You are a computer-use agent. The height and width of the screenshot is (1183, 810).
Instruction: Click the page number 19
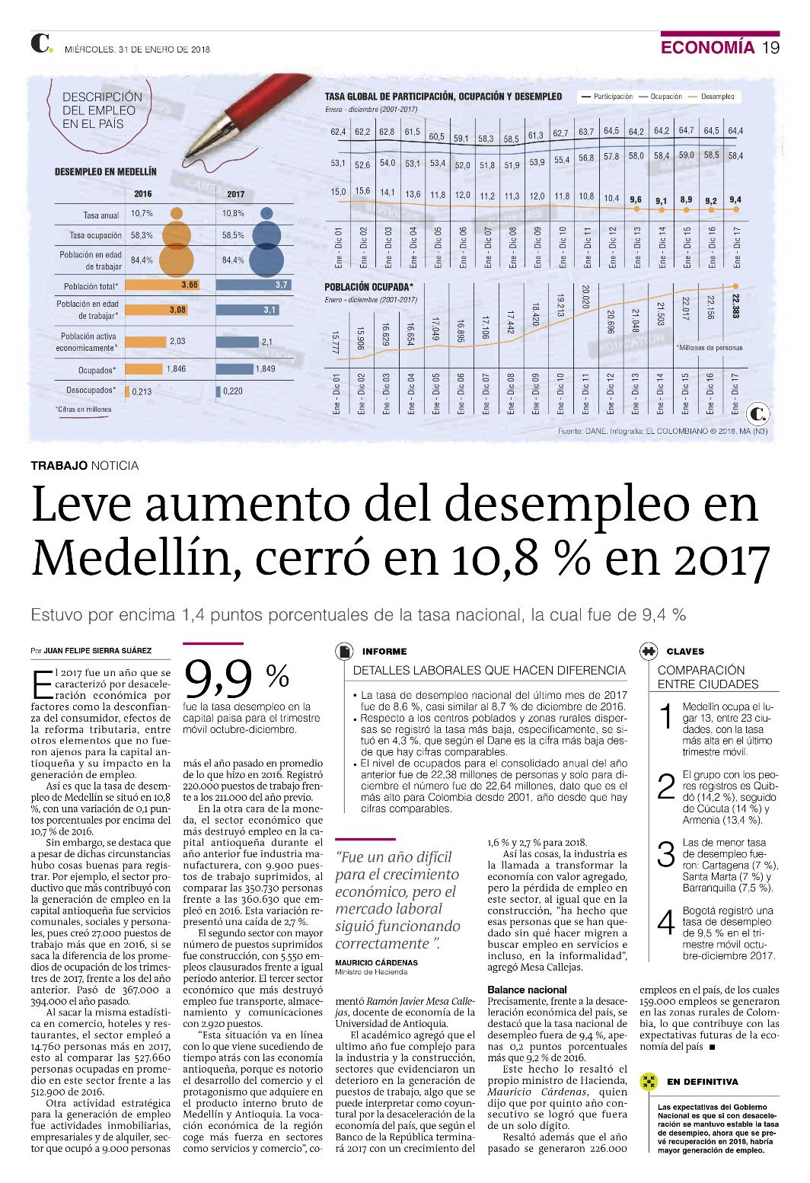(x=771, y=47)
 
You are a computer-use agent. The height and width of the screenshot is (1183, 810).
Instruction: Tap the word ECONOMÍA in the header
(x=707, y=47)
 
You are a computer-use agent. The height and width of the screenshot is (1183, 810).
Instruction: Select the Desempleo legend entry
(x=711, y=97)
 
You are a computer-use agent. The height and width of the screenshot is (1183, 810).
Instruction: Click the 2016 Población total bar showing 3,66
(x=162, y=285)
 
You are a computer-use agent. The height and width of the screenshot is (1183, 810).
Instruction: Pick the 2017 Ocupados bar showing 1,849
(x=234, y=368)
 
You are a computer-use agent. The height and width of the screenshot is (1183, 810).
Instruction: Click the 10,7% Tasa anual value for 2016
(x=142, y=213)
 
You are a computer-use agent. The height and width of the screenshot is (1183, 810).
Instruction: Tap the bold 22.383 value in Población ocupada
(x=735, y=305)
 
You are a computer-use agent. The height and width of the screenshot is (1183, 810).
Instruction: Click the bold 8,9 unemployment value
(x=686, y=199)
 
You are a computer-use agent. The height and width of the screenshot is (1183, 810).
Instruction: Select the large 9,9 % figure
(x=237, y=680)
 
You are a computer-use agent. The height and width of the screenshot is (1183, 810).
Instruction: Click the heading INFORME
(x=384, y=651)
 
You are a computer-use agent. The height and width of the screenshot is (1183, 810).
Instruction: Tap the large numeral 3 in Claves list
(x=666, y=854)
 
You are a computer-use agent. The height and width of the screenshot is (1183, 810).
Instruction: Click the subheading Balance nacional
(x=527, y=990)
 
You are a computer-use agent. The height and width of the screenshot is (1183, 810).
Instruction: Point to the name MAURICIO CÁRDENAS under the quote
(x=377, y=962)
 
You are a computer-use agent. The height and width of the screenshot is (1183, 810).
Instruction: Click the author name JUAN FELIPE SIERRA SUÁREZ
(x=97, y=651)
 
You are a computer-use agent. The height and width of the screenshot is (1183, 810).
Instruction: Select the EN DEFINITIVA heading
(x=703, y=1082)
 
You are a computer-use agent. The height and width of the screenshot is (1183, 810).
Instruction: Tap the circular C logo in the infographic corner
(x=757, y=414)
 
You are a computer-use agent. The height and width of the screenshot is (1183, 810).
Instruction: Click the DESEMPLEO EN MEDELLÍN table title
(x=106, y=171)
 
